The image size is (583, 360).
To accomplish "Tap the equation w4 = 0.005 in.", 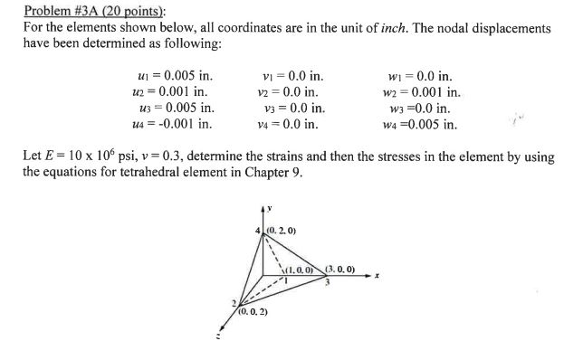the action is coord(421,124).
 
